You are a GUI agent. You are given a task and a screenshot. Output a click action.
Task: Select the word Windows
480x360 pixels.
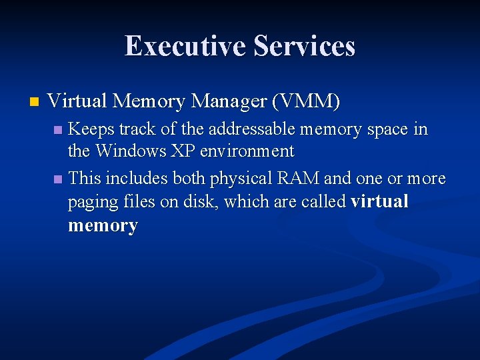click(x=132, y=151)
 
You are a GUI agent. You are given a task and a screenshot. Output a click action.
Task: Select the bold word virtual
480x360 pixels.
click(x=380, y=201)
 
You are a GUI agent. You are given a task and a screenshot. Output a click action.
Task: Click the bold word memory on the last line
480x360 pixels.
click(x=103, y=225)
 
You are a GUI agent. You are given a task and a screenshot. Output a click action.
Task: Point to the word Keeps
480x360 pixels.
click(x=91, y=129)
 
